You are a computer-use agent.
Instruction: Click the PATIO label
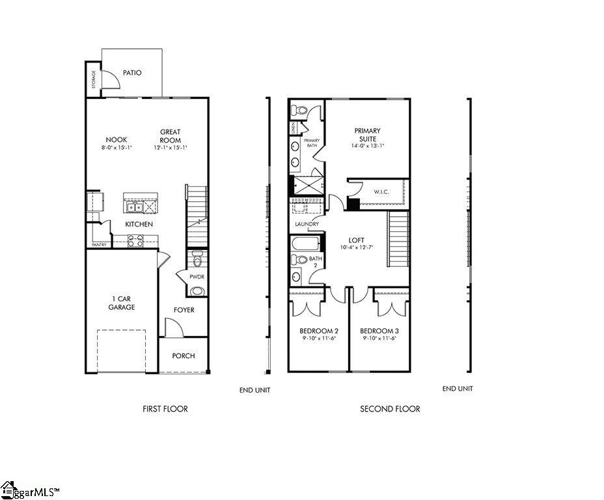(132, 73)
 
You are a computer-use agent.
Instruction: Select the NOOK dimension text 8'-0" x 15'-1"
(117, 148)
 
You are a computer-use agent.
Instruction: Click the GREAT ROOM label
(171, 136)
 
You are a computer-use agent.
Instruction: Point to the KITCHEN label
(139, 225)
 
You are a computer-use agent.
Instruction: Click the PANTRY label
(99, 245)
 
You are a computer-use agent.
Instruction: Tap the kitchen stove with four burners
(135, 241)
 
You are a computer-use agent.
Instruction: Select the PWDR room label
(197, 277)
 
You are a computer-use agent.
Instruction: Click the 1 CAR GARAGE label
(121, 303)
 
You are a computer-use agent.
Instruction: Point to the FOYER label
(184, 310)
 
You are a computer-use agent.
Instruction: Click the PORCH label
(184, 356)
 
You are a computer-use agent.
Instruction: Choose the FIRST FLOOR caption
(165, 409)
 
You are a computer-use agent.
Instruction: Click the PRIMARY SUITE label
(368, 135)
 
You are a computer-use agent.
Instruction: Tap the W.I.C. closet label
(381, 192)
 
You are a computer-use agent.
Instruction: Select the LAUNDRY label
(307, 225)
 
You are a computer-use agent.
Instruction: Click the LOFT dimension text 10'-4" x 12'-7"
(356, 247)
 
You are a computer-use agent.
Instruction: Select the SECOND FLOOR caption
(390, 409)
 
